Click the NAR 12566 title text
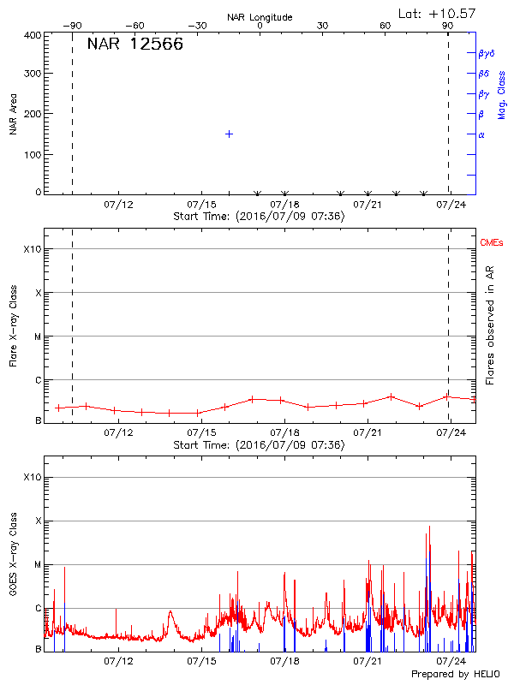[135, 45]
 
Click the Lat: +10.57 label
[439, 13]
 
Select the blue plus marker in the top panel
[229, 134]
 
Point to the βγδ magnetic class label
[487, 53]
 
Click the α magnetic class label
[481, 134]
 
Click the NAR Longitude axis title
[260, 17]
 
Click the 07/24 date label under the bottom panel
[451, 662]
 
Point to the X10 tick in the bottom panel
[33, 477]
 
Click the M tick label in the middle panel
[37, 337]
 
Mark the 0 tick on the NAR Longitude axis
[260, 27]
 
